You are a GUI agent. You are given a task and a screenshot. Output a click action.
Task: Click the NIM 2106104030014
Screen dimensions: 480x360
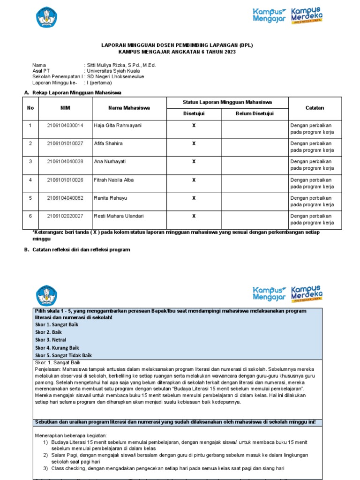65,125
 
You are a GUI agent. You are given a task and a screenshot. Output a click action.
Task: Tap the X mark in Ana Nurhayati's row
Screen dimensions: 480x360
194,162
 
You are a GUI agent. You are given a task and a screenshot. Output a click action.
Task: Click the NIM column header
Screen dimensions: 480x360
65,108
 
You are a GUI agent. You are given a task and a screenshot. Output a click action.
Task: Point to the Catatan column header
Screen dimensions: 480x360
315,108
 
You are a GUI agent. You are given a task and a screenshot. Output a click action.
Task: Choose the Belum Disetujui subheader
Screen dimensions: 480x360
255,113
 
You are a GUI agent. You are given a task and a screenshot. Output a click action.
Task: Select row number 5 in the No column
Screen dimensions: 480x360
30,198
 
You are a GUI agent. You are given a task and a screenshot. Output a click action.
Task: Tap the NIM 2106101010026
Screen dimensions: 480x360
65,180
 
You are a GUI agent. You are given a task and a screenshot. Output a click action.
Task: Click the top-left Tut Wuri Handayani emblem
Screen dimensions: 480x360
46,17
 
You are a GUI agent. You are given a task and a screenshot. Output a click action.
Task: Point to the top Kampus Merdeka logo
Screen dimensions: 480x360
307,15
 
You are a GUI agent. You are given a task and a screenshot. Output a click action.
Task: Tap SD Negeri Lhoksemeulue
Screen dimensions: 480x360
116,76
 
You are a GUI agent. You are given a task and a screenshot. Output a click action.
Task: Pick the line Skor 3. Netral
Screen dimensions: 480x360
50,339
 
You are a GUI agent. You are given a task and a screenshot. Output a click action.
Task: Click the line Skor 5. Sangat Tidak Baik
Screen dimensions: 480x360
63,355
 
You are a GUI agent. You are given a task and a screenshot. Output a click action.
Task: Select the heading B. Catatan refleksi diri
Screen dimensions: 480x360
77,250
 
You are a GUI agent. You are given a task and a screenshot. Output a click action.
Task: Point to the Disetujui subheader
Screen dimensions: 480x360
194,113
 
